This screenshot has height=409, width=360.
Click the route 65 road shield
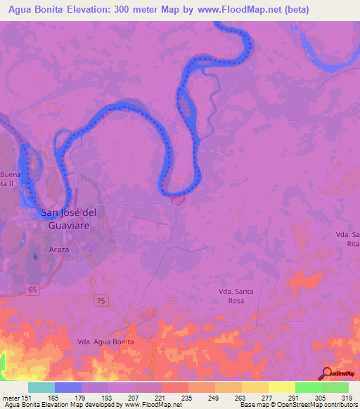click(33, 290)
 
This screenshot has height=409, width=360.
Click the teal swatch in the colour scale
click(41, 387)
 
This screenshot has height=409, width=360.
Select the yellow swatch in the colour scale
click(281, 387)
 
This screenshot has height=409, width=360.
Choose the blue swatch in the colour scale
click(68, 387)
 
